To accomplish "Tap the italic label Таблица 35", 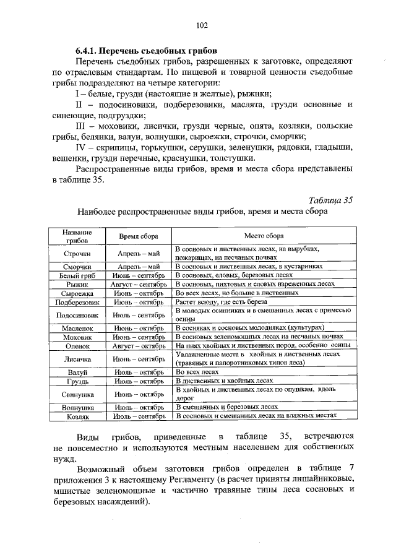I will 330,199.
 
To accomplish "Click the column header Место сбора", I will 264,236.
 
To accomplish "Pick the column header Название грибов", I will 77,236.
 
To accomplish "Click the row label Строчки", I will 77,253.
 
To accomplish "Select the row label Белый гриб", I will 77,274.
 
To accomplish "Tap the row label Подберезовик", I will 77,303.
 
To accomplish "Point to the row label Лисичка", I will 77,358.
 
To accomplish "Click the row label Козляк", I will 77,418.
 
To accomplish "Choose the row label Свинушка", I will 77,394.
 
